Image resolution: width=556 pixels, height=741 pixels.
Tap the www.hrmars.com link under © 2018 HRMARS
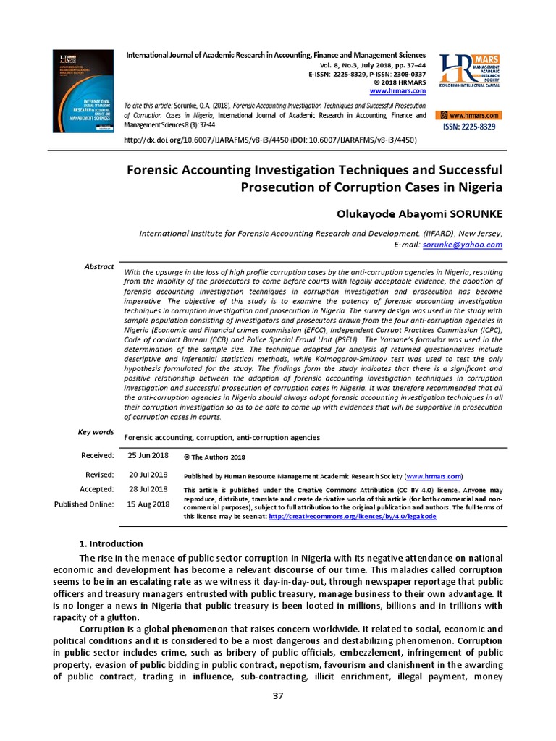(x=397, y=91)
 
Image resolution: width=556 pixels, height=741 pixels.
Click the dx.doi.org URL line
(x=271, y=139)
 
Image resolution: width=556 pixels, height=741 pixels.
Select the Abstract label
(x=99, y=267)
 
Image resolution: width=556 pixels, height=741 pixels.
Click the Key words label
(x=96, y=432)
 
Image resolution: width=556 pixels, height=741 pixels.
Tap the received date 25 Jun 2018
(x=147, y=456)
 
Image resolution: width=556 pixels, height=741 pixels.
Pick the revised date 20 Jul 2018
(x=148, y=475)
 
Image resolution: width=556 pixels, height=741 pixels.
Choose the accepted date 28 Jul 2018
(x=148, y=490)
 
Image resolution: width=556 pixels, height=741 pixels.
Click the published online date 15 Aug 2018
(x=148, y=504)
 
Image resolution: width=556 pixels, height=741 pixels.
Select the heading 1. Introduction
(x=110, y=543)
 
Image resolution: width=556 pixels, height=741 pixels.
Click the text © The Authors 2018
(x=214, y=457)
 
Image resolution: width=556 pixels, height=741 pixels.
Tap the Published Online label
(x=84, y=504)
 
